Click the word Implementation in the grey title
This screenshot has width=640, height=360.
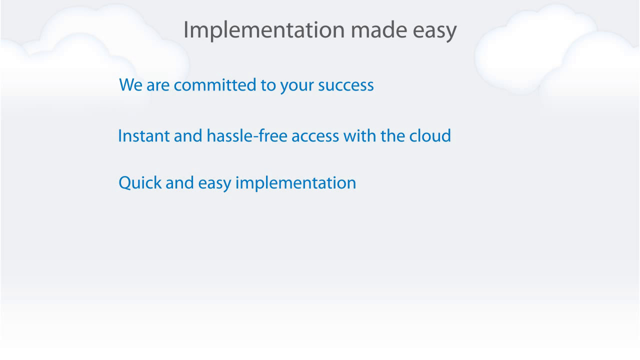pos(264,30)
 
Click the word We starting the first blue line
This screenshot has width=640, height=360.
pos(131,85)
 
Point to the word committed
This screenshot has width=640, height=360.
pos(215,85)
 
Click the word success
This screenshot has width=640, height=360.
pos(346,85)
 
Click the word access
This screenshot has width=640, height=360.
pos(315,136)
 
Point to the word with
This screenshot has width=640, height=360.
pos(360,136)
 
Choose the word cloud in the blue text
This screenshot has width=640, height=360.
pos(430,136)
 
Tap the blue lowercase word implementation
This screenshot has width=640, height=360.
pos(295,183)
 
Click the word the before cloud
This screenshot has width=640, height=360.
pos(393,136)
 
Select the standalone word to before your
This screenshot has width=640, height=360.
pos(268,85)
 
